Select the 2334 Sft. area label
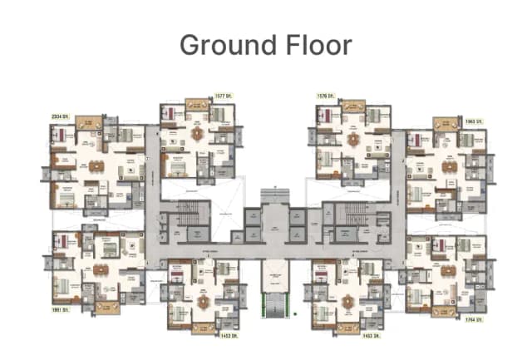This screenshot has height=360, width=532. tap(61, 116)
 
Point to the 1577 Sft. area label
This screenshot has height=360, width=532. tap(224, 97)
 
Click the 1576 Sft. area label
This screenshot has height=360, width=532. tap(325, 97)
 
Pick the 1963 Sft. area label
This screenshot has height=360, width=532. tap(475, 121)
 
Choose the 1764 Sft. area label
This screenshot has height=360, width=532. tap(475, 318)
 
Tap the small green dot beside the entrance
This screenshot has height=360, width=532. tap(296, 313)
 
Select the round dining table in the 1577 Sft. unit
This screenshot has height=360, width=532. tap(197, 133)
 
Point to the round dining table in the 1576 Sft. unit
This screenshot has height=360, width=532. tap(353, 138)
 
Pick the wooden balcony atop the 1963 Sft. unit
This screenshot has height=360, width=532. tap(446, 124)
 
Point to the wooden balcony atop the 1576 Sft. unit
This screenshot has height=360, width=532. tap(352, 106)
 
